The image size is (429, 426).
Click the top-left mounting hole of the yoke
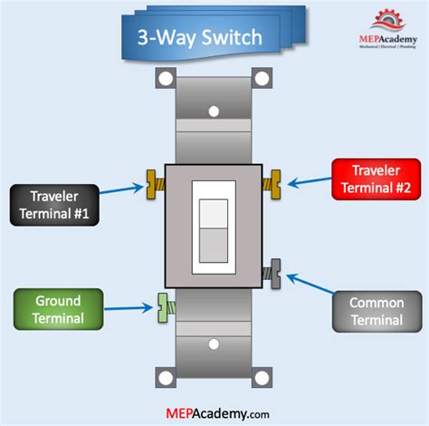click(x=166, y=78)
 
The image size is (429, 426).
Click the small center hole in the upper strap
click(x=214, y=113)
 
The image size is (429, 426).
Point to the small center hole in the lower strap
click(x=214, y=344)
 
